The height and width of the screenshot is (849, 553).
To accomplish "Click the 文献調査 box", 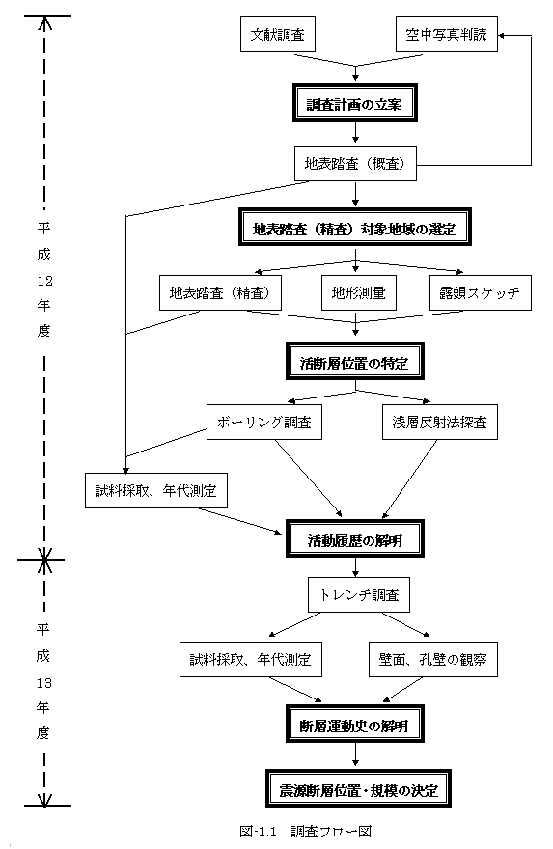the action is click(x=278, y=35).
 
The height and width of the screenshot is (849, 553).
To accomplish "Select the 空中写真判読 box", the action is click(x=446, y=35).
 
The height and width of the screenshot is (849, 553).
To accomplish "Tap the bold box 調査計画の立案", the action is click(x=355, y=102).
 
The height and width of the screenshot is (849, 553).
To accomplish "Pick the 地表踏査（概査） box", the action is click(x=355, y=163).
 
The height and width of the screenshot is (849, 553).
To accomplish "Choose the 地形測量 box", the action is click(x=359, y=293).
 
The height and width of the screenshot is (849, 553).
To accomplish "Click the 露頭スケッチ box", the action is click(x=481, y=293).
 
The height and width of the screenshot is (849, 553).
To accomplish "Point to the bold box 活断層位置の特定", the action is click(x=355, y=361).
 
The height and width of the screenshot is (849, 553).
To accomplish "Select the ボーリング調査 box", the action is click(x=264, y=422).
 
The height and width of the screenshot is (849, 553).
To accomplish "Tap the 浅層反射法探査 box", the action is click(x=440, y=422).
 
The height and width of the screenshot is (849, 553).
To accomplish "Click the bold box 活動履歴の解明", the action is click(x=355, y=538).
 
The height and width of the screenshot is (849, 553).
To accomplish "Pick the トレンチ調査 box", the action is click(x=359, y=595).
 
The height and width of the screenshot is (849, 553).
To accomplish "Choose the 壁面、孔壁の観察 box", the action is click(x=432, y=660).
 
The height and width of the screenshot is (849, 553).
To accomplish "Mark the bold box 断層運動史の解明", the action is click(x=355, y=724).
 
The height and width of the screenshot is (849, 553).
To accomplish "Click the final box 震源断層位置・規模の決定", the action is click(x=358, y=788).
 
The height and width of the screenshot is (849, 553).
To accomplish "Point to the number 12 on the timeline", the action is click(x=44, y=281).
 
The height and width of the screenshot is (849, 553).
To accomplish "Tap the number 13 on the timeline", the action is click(x=44, y=683).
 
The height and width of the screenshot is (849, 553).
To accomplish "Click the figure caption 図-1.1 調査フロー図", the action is click(x=306, y=831).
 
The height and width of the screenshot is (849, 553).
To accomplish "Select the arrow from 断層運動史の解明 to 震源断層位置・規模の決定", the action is click(x=355, y=755).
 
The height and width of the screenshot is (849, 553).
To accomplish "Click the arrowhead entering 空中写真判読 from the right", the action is click(x=502, y=35).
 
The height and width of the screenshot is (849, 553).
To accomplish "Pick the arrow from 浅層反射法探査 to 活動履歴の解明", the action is click(x=409, y=479).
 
